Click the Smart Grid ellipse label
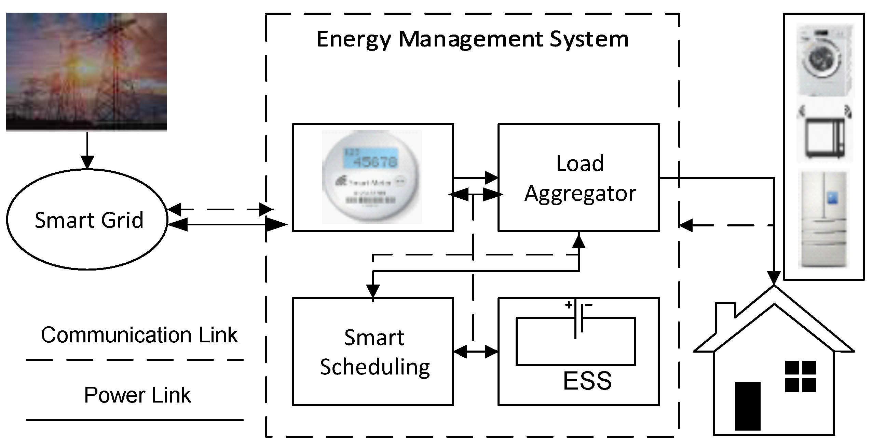tap(89, 220)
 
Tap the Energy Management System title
tap(472, 39)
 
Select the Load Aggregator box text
tap(580, 178)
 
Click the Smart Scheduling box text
tap(374, 352)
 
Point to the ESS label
tap(587, 381)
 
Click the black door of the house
tap(748, 406)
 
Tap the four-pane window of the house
tap(800, 376)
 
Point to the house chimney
tap(725, 311)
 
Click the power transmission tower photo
tap(86, 72)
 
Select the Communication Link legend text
tap(139, 335)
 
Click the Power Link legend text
tap(137, 395)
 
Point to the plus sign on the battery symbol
tap(568, 305)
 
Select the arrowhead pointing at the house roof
tap(774, 278)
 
